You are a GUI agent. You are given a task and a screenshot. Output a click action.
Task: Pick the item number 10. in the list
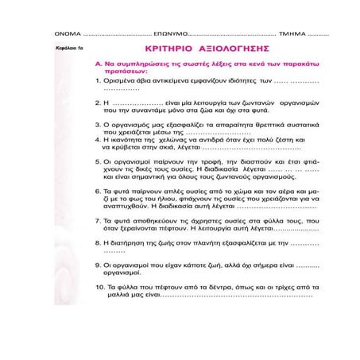click(x=99, y=285)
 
